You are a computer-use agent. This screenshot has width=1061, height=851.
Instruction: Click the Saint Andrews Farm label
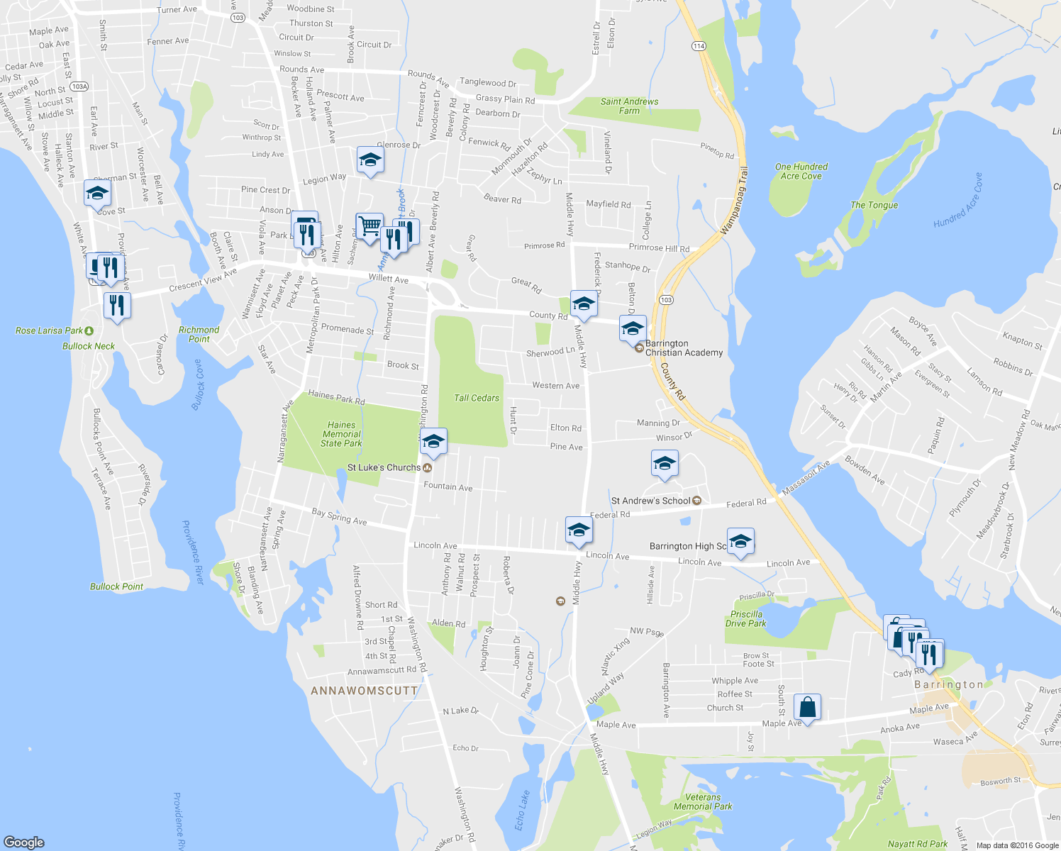629,106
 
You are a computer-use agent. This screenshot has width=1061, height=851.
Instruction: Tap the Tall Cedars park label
477,398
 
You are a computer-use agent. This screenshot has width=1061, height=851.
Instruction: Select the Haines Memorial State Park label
341,434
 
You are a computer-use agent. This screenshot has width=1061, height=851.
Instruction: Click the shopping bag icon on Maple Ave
807,706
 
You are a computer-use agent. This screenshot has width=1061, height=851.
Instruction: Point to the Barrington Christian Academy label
684,347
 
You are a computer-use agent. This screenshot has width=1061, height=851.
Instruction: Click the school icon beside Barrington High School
740,542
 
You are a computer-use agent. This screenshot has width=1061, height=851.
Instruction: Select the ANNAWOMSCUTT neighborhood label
365,690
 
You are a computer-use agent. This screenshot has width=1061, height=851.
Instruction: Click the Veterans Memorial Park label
703,801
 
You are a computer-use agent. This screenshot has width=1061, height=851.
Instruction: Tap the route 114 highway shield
699,46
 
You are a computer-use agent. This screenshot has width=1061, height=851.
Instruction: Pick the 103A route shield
79,87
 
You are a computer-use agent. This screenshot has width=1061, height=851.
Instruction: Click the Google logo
24,842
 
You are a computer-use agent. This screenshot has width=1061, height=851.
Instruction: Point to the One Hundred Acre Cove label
801,171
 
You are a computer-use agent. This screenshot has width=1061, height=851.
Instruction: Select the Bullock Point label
116,586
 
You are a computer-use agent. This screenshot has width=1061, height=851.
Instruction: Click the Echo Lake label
522,810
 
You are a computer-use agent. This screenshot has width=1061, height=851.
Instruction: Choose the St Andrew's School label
650,501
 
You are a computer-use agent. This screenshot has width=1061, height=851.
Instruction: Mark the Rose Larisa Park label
50,330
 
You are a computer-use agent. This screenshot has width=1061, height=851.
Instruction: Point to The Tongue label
874,205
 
